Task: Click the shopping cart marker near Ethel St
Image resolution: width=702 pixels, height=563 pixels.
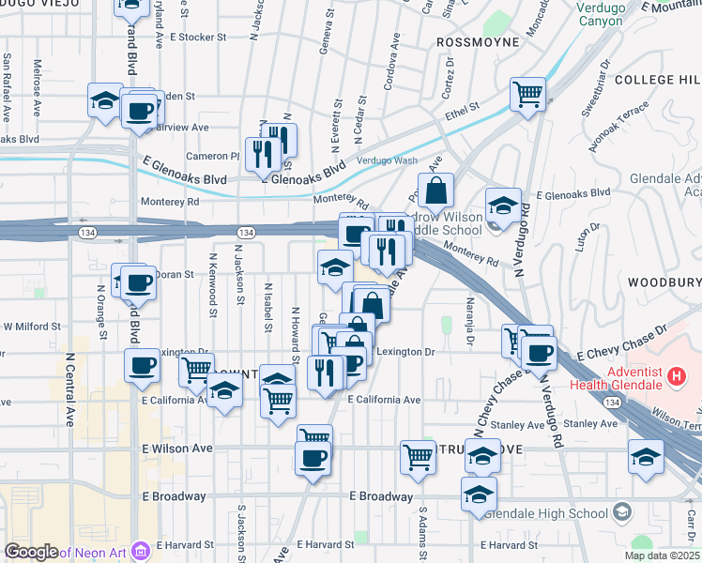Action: pos(528,94)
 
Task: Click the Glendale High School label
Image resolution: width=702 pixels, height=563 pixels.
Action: pos(562,512)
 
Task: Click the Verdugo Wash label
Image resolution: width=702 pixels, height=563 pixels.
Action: pos(388,160)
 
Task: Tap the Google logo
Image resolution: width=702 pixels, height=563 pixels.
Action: pos(32,551)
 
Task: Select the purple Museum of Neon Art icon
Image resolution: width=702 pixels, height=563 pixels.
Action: pos(141,550)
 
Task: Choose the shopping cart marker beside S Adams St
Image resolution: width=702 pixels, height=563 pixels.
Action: pos(418,457)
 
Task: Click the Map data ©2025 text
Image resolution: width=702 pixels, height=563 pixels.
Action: pos(662,555)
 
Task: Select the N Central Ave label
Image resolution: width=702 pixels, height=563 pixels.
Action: pos(69,388)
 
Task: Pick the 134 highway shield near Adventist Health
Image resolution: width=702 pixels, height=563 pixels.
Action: pos(612,403)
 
